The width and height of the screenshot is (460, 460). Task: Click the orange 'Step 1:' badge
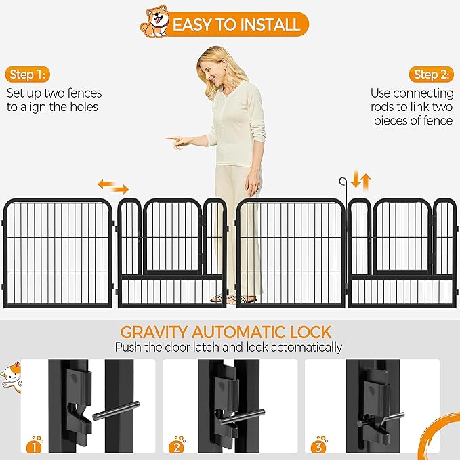(30, 75)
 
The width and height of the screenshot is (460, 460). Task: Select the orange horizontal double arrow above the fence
(112, 185)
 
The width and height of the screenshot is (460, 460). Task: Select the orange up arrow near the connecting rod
(366, 181)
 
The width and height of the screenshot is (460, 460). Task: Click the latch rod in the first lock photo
(116, 410)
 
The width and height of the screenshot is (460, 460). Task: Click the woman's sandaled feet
(230, 299)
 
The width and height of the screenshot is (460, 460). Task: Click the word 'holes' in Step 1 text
(82, 107)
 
